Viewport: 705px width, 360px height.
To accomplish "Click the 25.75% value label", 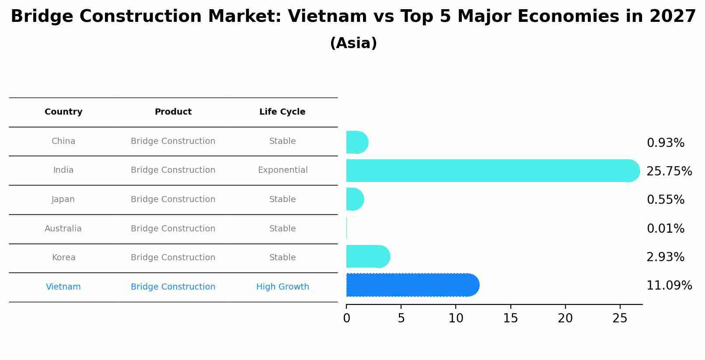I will click(x=669, y=171).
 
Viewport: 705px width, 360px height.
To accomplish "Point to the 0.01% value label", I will click(x=665, y=229).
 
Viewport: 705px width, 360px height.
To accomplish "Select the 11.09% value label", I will click(x=669, y=286).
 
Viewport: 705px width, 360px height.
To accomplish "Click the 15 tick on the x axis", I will click(x=510, y=318).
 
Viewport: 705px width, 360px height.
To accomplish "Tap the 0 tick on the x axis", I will click(x=347, y=318).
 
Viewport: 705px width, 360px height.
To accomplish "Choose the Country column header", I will click(x=63, y=112).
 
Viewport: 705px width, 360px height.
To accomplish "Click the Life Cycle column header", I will click(x=282, y=112).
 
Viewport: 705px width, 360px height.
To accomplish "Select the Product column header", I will click(x=173, y=112).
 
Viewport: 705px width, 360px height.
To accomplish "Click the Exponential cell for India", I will click(x=283, y=170).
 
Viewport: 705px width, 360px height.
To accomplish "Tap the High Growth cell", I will click(x=283, y=287).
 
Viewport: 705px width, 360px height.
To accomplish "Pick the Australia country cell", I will click(x=63, y=229).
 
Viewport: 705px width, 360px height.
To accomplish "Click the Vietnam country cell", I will click(x=63, y=287).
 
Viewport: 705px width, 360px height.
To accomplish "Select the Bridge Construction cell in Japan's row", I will click(x=173, y=199).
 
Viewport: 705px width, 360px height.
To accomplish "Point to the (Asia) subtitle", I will click(x=353, y=43).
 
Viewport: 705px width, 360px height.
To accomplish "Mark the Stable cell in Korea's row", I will click(x=283, y=258).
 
